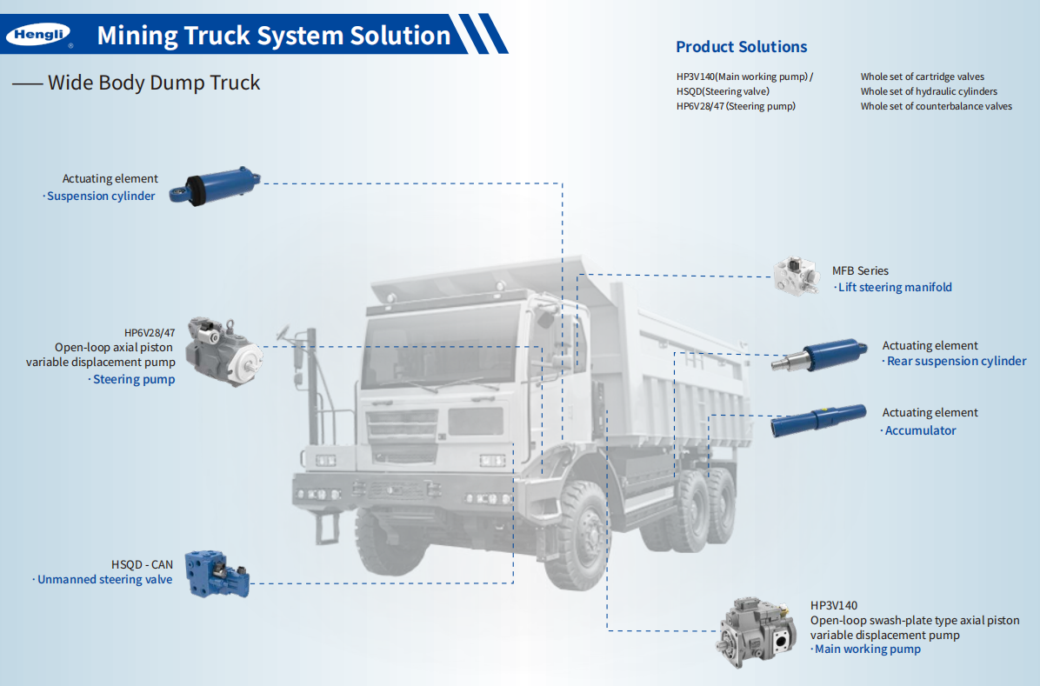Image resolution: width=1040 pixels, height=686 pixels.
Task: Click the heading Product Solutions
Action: coord(741,47)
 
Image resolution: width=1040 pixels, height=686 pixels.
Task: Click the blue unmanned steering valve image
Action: coord(220,573)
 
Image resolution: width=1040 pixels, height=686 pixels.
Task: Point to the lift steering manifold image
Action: coord(797,276)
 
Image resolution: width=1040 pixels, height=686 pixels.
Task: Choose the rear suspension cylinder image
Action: coord(819,354)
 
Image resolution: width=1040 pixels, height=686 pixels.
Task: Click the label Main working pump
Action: coord(867,649)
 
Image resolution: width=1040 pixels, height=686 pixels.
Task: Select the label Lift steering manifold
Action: coord(895,288)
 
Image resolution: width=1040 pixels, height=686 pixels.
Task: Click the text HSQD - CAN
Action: coord(142,564)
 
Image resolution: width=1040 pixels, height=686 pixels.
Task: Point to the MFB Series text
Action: coord(860,271)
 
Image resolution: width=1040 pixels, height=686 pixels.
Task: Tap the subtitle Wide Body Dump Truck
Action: coord(154,83)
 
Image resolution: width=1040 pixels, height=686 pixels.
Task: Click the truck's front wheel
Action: coord(583,536)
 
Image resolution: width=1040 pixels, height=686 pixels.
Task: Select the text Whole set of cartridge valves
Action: coord(922,77)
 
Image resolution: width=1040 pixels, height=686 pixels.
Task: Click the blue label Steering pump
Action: coord(134,380)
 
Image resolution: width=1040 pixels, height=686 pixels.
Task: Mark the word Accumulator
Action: coord(920,430)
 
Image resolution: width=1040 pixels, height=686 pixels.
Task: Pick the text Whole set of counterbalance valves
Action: coord(936,106)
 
